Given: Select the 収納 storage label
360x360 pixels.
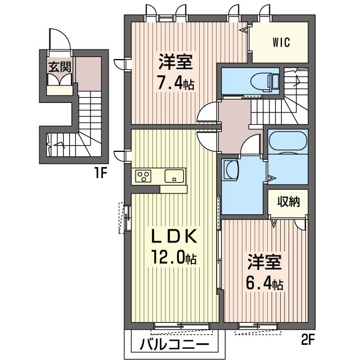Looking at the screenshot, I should point(287,201).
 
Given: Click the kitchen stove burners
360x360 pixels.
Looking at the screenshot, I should point(143,176).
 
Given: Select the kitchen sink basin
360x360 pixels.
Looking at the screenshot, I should point(174,176).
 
